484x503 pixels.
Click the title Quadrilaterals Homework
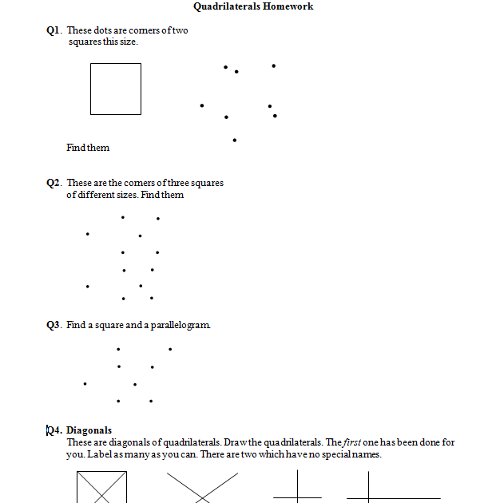pyautogui.click(x=253, y=6)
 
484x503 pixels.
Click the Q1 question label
pyautogui.click(x=54, y=30)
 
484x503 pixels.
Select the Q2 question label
pyautogui.click(x=54, y=183)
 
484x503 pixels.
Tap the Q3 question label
pyautogui.click(x=54, y=325)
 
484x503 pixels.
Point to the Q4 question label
pyautogui.click(x=54, y=430)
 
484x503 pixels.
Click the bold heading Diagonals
pyautogui.click(x=89, y=430)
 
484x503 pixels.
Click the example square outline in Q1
pyautogui.click(x=115, y=89)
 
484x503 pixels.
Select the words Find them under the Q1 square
pyautogui.click(x=88, y=148)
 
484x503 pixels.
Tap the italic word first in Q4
pyautogui.click(x=354, y=442)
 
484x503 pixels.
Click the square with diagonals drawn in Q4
pyautogui.click(x=101, y=487)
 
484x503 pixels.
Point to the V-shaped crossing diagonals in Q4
pyautogui.click(x=202, y=487)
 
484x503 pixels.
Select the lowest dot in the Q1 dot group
pyautogui.click(x=234, y=140)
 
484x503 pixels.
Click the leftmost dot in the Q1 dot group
pyautogui.click(x=201, y=105)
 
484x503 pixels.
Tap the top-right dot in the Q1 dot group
pyautogui.click(x=274, y=65)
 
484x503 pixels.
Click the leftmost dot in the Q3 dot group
pyautogui.click(x=85, y=384)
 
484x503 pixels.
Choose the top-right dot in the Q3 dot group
pyautogui.click(x=170, y=349)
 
